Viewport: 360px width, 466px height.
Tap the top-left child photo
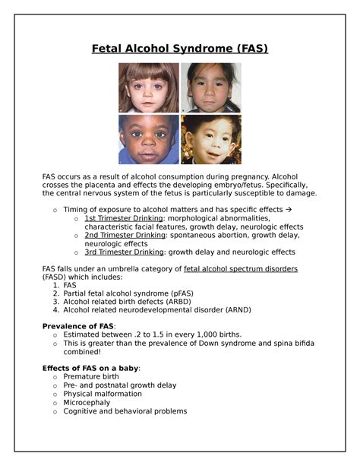coord(148,87)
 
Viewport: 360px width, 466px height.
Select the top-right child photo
coord(210,87)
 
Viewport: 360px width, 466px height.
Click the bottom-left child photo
coord(148,139)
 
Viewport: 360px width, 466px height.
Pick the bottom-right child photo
coord(210,139)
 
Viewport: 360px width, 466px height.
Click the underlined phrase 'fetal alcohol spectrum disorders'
coord(241,269)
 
